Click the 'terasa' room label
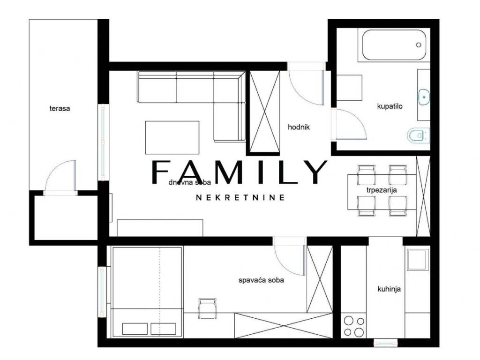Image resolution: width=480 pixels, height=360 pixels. pyautogui.click(x=60, y=108)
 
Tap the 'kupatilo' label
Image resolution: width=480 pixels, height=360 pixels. pyautogui.click(x=390, y=106)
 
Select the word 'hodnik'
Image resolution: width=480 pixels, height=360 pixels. pyautogui.click(x=299, y=127)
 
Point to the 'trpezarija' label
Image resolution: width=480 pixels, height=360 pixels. pyautogui.click(x=382, y=190)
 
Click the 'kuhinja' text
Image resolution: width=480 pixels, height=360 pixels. pyautogui.click(x=389, y=289)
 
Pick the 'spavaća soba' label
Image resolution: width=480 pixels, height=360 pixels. pyautogui.click(x=261, y=280)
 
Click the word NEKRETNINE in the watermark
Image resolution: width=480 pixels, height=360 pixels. pyautogui.click(x=240, y=197)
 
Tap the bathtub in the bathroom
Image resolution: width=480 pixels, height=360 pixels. pyautogui.click(x=394, y=45)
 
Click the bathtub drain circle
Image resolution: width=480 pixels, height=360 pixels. pyautogui.click(x=419, y=45)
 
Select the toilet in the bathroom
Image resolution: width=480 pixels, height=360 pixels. pyautogui.click(x=419, y=135)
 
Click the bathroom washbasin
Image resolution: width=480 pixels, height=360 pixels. pyautogui.click(x=424, y=97)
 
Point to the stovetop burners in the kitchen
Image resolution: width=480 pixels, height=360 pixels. pyautogui.click(x=354, y=326)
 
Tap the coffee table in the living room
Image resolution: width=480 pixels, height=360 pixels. pyautogui.click(x=172, y=137)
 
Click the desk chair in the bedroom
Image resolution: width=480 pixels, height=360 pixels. pyautogui.click(x=207, y=308)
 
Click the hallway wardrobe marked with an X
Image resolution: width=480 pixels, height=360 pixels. pyautogui.click(x=263, y=112)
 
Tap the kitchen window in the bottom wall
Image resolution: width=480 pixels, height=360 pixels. pyautogui.click(x=385, y=343)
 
